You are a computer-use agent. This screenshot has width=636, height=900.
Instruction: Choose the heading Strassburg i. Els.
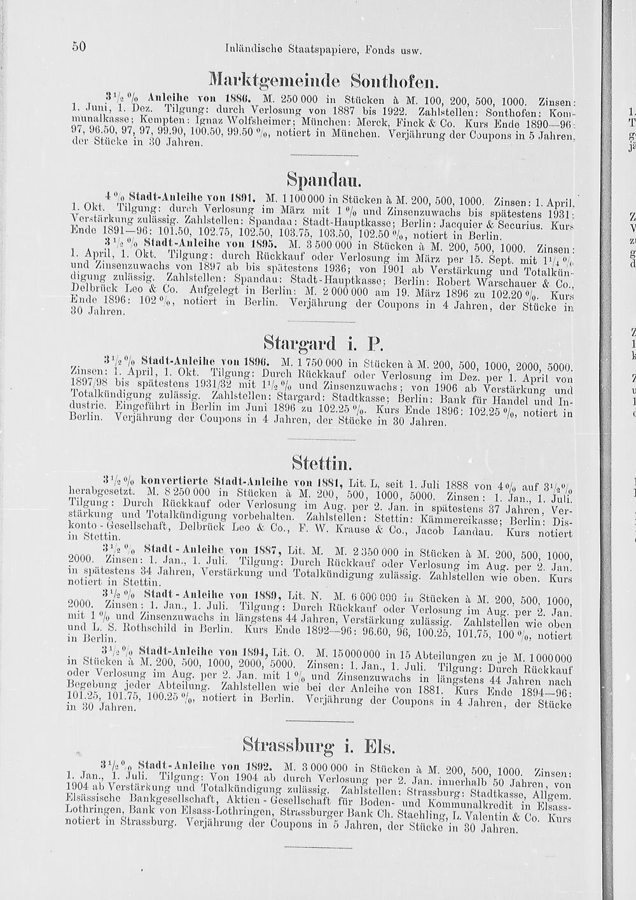point(319,745)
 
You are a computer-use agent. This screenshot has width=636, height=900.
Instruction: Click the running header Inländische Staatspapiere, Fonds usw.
point(324,48)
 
